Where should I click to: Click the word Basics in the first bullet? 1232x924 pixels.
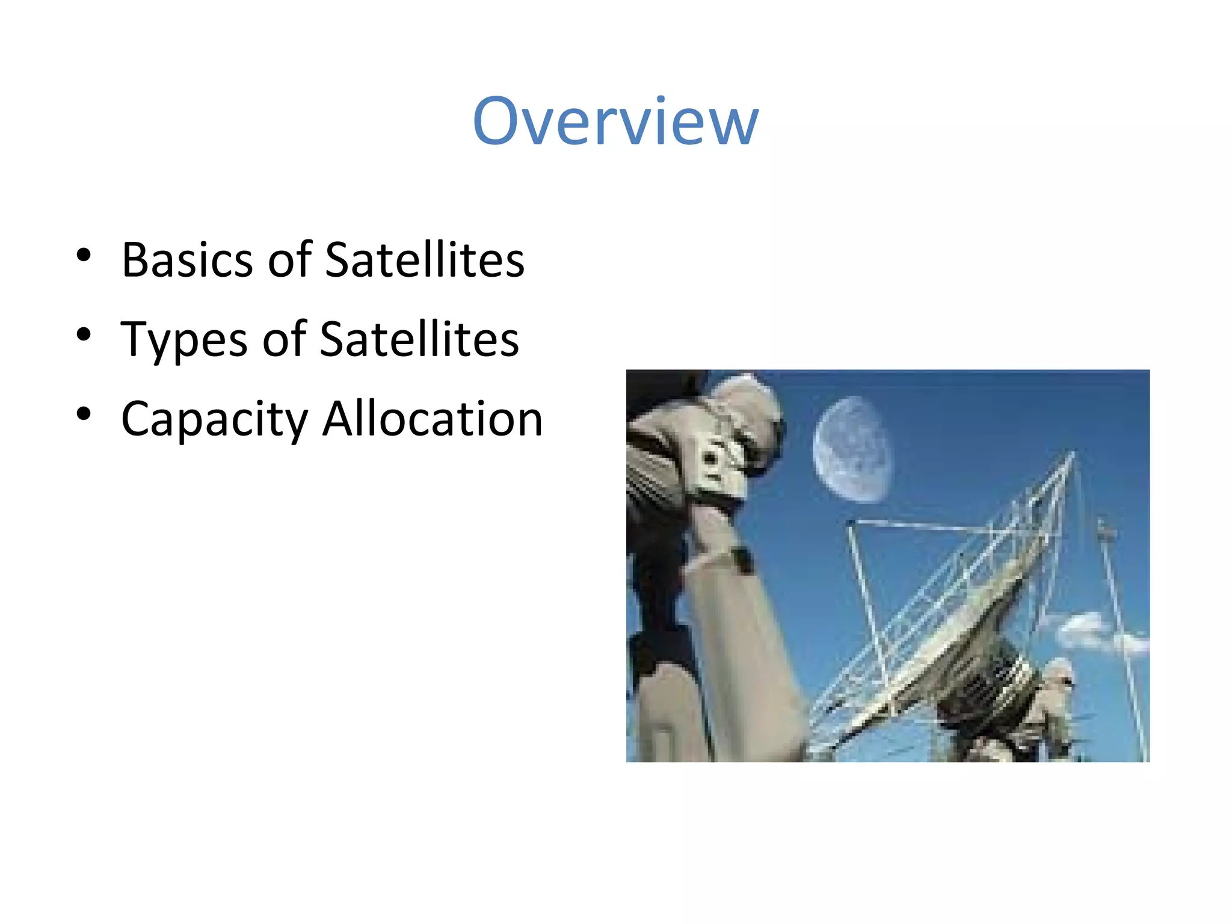[187, 260]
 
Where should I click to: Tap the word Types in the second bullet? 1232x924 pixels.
[184, 340]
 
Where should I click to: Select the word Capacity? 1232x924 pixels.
[214, 419]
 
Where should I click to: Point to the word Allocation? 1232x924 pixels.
[433, 419]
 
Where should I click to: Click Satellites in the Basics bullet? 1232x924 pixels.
[425, 260]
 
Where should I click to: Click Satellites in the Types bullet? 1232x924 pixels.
[419, 340]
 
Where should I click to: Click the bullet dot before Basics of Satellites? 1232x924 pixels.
[84, 256]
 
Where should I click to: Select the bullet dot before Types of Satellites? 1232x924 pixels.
[84, 334]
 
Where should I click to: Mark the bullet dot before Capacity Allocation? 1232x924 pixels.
[84, 414]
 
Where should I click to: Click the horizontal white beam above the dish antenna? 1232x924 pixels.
[920, 526]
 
